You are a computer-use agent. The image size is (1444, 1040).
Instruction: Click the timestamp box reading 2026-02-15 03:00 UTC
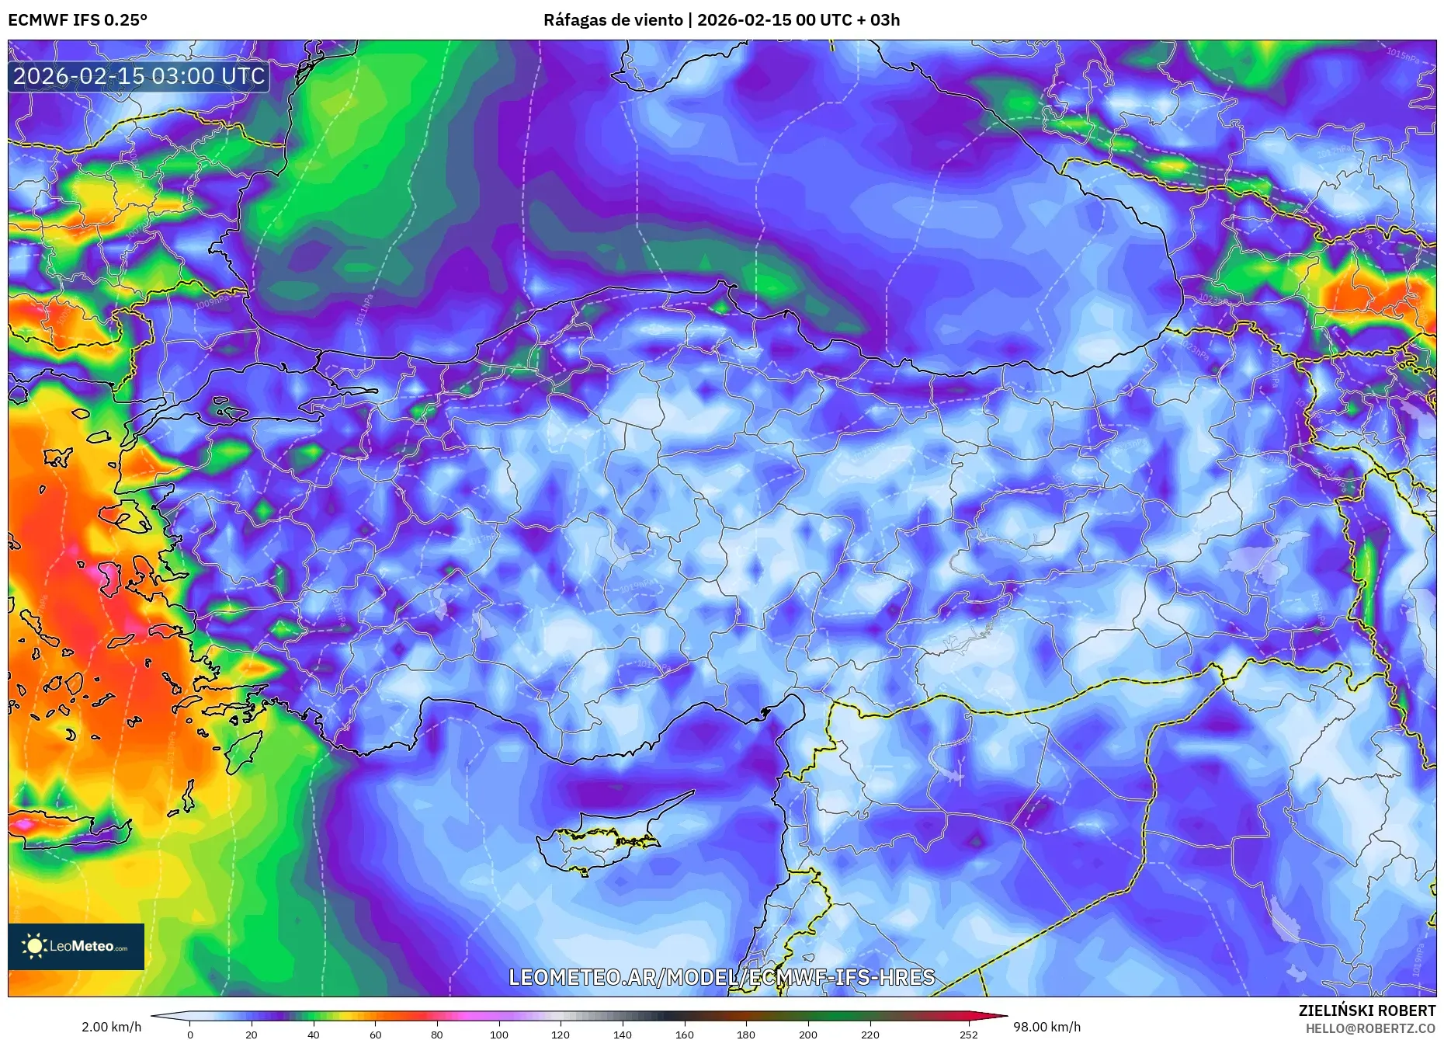(x=139, y=76)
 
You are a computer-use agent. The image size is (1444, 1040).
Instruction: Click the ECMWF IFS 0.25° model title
(x=78, y=19)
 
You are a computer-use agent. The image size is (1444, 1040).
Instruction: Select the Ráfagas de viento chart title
(x=721, y=19)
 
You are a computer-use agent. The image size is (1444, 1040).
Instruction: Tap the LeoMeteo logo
(x=76, y=946)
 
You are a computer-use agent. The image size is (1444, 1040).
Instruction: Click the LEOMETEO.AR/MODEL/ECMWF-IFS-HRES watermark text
(x=721, y=977)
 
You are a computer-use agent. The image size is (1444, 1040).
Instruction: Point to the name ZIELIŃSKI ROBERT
(x=1366, y=1010)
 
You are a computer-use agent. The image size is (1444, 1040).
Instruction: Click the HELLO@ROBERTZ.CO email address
(x=1369, y=1028)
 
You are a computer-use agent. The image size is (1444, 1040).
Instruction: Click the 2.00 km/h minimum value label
(x=111, y=1027)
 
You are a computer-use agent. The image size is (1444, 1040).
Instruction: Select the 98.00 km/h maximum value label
(x=1047, y=1027)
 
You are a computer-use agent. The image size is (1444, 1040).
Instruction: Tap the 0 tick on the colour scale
(x=190, y=1034)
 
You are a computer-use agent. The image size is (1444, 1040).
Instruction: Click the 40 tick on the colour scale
(x=313, y=1034)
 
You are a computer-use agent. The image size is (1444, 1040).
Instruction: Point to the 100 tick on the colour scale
(x=498, y=1034)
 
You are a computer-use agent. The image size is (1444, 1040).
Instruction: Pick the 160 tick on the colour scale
(x=684, y=1034)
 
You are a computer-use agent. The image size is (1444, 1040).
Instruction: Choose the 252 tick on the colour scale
(x=968, y=1034)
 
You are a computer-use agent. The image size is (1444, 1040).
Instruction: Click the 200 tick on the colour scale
(x=807, y=1034)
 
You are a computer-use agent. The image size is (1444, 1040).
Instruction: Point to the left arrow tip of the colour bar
(x=153, y=1015)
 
